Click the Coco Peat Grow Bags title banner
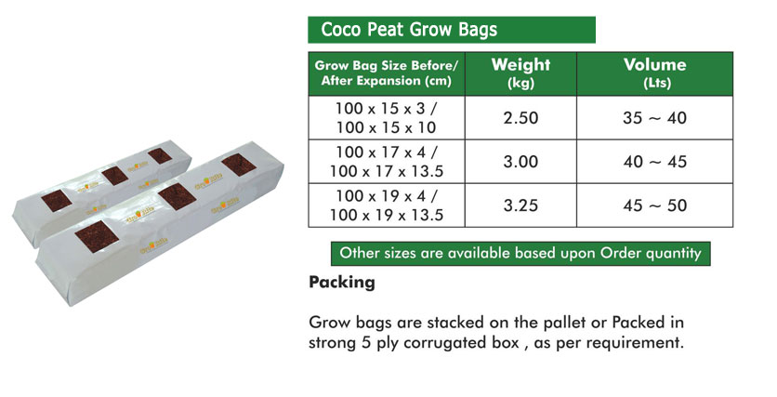tap(452, 30)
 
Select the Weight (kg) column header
tap(520, 73)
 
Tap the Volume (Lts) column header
tap(654, 73)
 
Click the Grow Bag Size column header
tap(387, 73)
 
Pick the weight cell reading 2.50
tap(520, 117)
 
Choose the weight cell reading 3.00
tap(520, 162)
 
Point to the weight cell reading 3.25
tap(520, 205)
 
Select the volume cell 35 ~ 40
tap(654, 117)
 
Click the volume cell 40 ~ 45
tap(654, 162)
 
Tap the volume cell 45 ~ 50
tap(654, 205)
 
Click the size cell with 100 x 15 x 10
tap(387, 117)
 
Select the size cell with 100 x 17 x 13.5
tap(387, 162)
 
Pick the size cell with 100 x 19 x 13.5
tap(387, 205)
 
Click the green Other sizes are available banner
tap(520, 253)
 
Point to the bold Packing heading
tap(342, 283)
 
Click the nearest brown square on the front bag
tap(97, 236)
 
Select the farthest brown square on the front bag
tap(239, 165)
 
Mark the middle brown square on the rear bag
tap(115, 176)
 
